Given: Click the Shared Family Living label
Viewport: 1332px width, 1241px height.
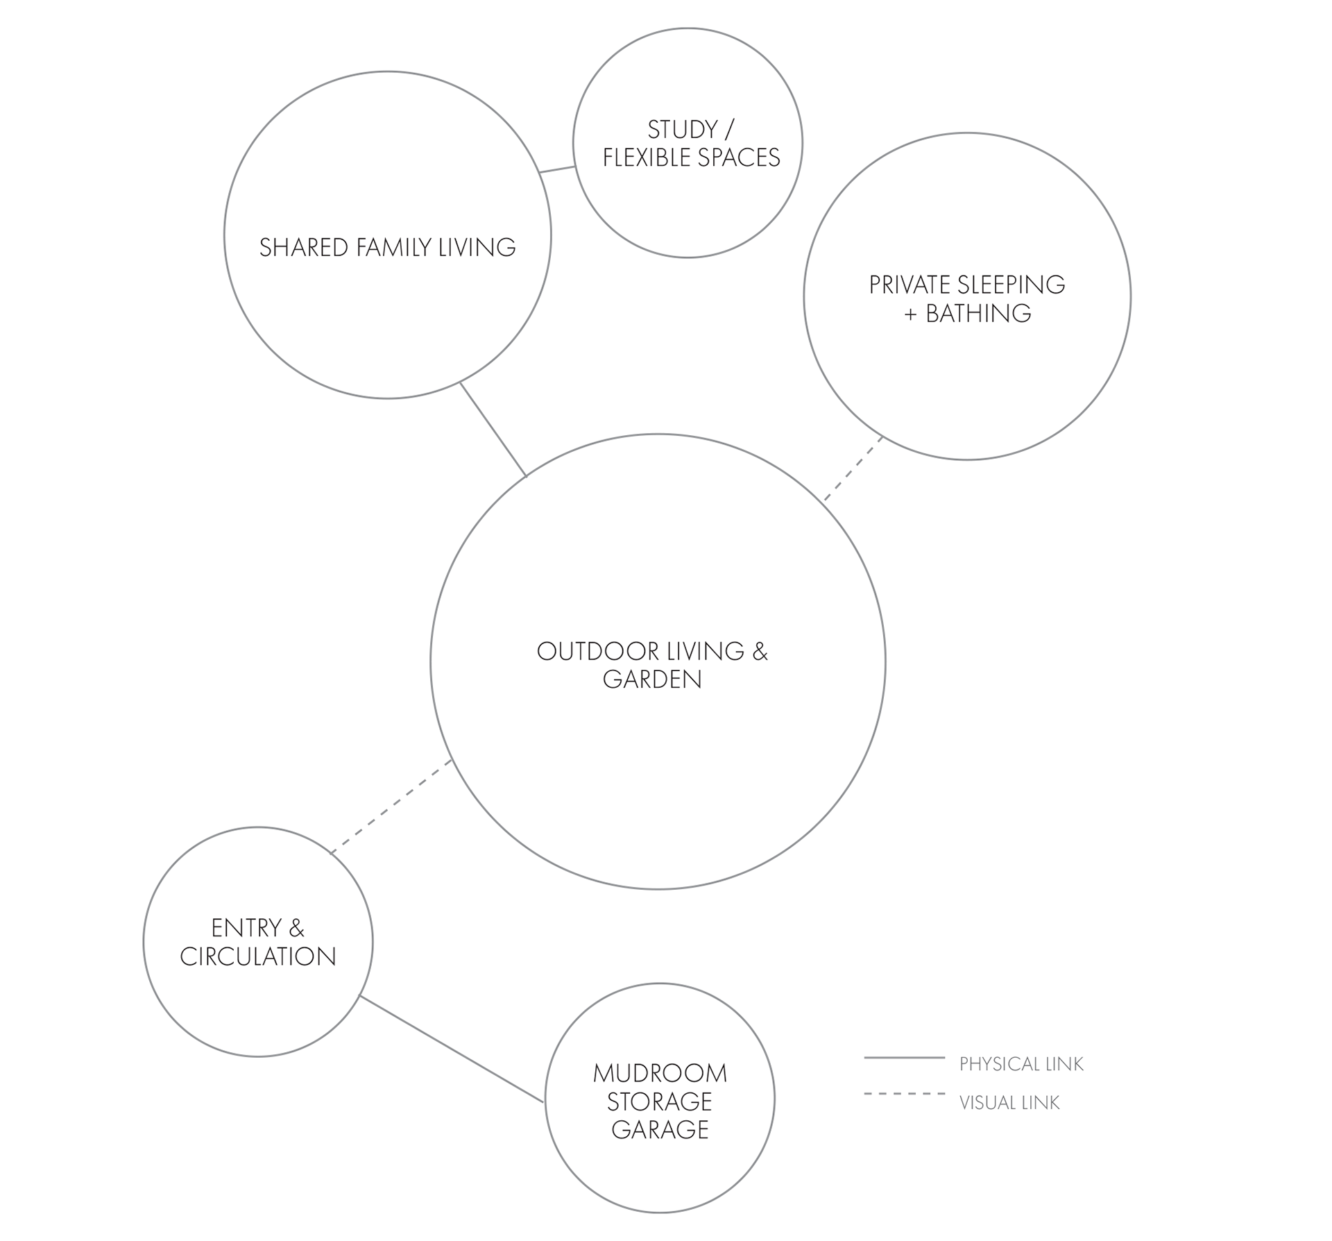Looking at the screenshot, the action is [388, 248].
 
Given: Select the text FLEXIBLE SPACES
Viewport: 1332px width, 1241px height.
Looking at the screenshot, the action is [692, 158].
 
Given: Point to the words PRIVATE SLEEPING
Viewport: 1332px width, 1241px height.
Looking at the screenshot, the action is [967, 285].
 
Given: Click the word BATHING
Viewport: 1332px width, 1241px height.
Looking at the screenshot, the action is [978, 314].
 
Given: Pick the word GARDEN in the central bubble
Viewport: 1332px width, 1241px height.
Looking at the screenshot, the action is [652, 679].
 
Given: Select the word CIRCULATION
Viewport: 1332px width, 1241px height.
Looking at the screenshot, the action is [258, 956].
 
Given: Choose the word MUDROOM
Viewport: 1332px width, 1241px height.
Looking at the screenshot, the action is [660, 1074].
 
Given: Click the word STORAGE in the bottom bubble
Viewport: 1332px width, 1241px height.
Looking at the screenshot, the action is [660, 1101].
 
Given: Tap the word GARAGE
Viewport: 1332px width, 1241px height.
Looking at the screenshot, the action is [660, 1130].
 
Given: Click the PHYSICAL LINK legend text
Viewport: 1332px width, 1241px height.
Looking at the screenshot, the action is [1021, 1064].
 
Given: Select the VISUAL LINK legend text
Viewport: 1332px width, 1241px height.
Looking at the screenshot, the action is [1009, 1103].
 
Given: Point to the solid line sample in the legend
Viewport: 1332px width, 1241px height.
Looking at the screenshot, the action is [905, 1058].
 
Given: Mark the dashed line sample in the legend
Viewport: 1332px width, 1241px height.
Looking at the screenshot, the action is [905, 1094].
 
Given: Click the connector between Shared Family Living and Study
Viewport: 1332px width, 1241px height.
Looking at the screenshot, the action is [558, 169].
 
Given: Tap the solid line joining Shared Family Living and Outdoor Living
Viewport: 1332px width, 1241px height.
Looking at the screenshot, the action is [493, 430].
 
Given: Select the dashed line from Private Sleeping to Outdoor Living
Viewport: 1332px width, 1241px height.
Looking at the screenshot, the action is [853, 468].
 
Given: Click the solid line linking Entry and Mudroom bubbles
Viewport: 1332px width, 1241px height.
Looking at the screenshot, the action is [452, 1049].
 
